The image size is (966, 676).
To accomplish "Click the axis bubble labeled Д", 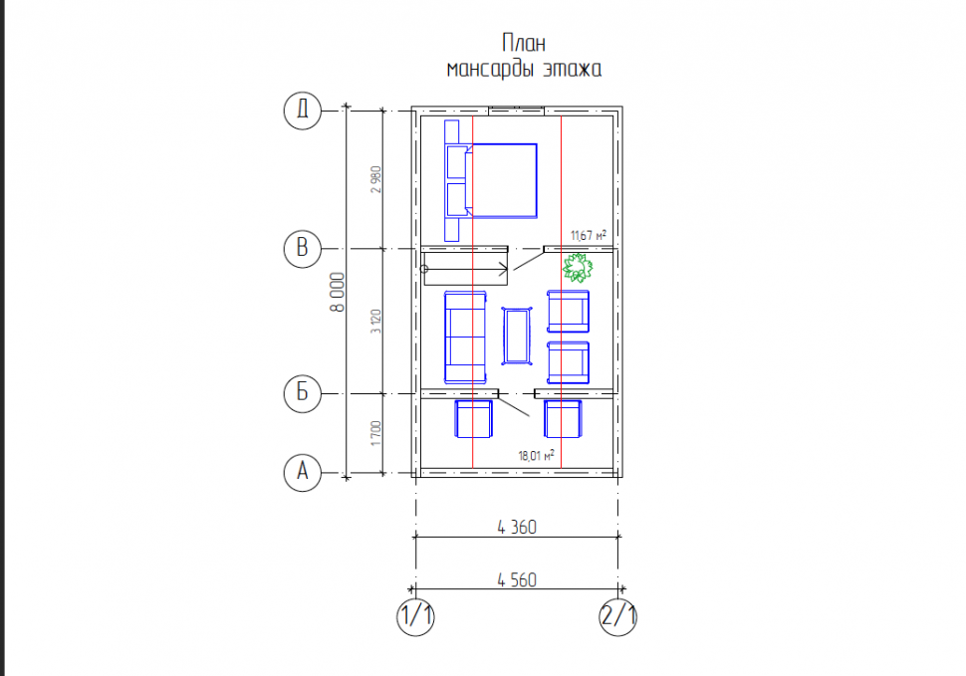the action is [303, 111].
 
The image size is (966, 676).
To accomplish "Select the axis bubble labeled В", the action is [303, 248].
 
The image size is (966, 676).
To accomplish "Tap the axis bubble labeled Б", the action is [303, 393].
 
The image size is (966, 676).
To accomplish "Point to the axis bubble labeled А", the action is [303, 472].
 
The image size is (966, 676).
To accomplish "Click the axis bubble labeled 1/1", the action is [416, 616].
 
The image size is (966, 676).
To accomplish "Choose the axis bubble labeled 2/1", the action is [617, 616].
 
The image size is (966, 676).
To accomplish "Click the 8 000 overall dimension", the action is [338, 293].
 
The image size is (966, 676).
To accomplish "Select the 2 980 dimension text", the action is [375, 179].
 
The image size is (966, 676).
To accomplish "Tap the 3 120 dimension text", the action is [375, 322].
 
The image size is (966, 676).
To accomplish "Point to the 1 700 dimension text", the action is [375, 433].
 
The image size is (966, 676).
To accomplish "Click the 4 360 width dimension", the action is [517, 528].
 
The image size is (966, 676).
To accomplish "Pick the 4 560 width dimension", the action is [517, 580].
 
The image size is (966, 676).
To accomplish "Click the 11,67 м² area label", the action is [589, 235].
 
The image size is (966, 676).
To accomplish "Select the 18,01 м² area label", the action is [536, 456].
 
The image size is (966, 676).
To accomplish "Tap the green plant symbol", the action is [578, 268].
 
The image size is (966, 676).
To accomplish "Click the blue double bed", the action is [500, 180].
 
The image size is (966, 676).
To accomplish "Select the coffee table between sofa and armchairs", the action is [517, 337].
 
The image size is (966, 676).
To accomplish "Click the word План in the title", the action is [524, 43].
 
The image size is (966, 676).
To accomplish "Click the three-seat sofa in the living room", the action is [465, 338].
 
